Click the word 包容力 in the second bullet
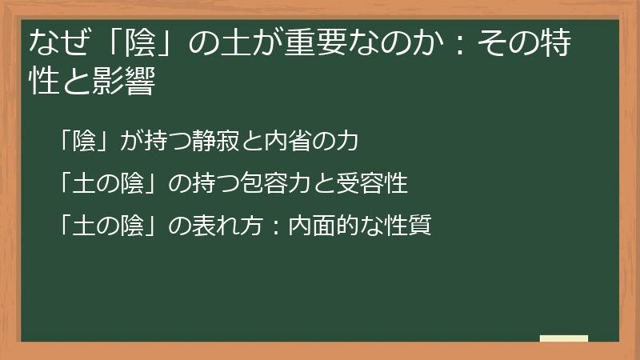tap(289, 184)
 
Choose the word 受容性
tap(378, 184)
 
